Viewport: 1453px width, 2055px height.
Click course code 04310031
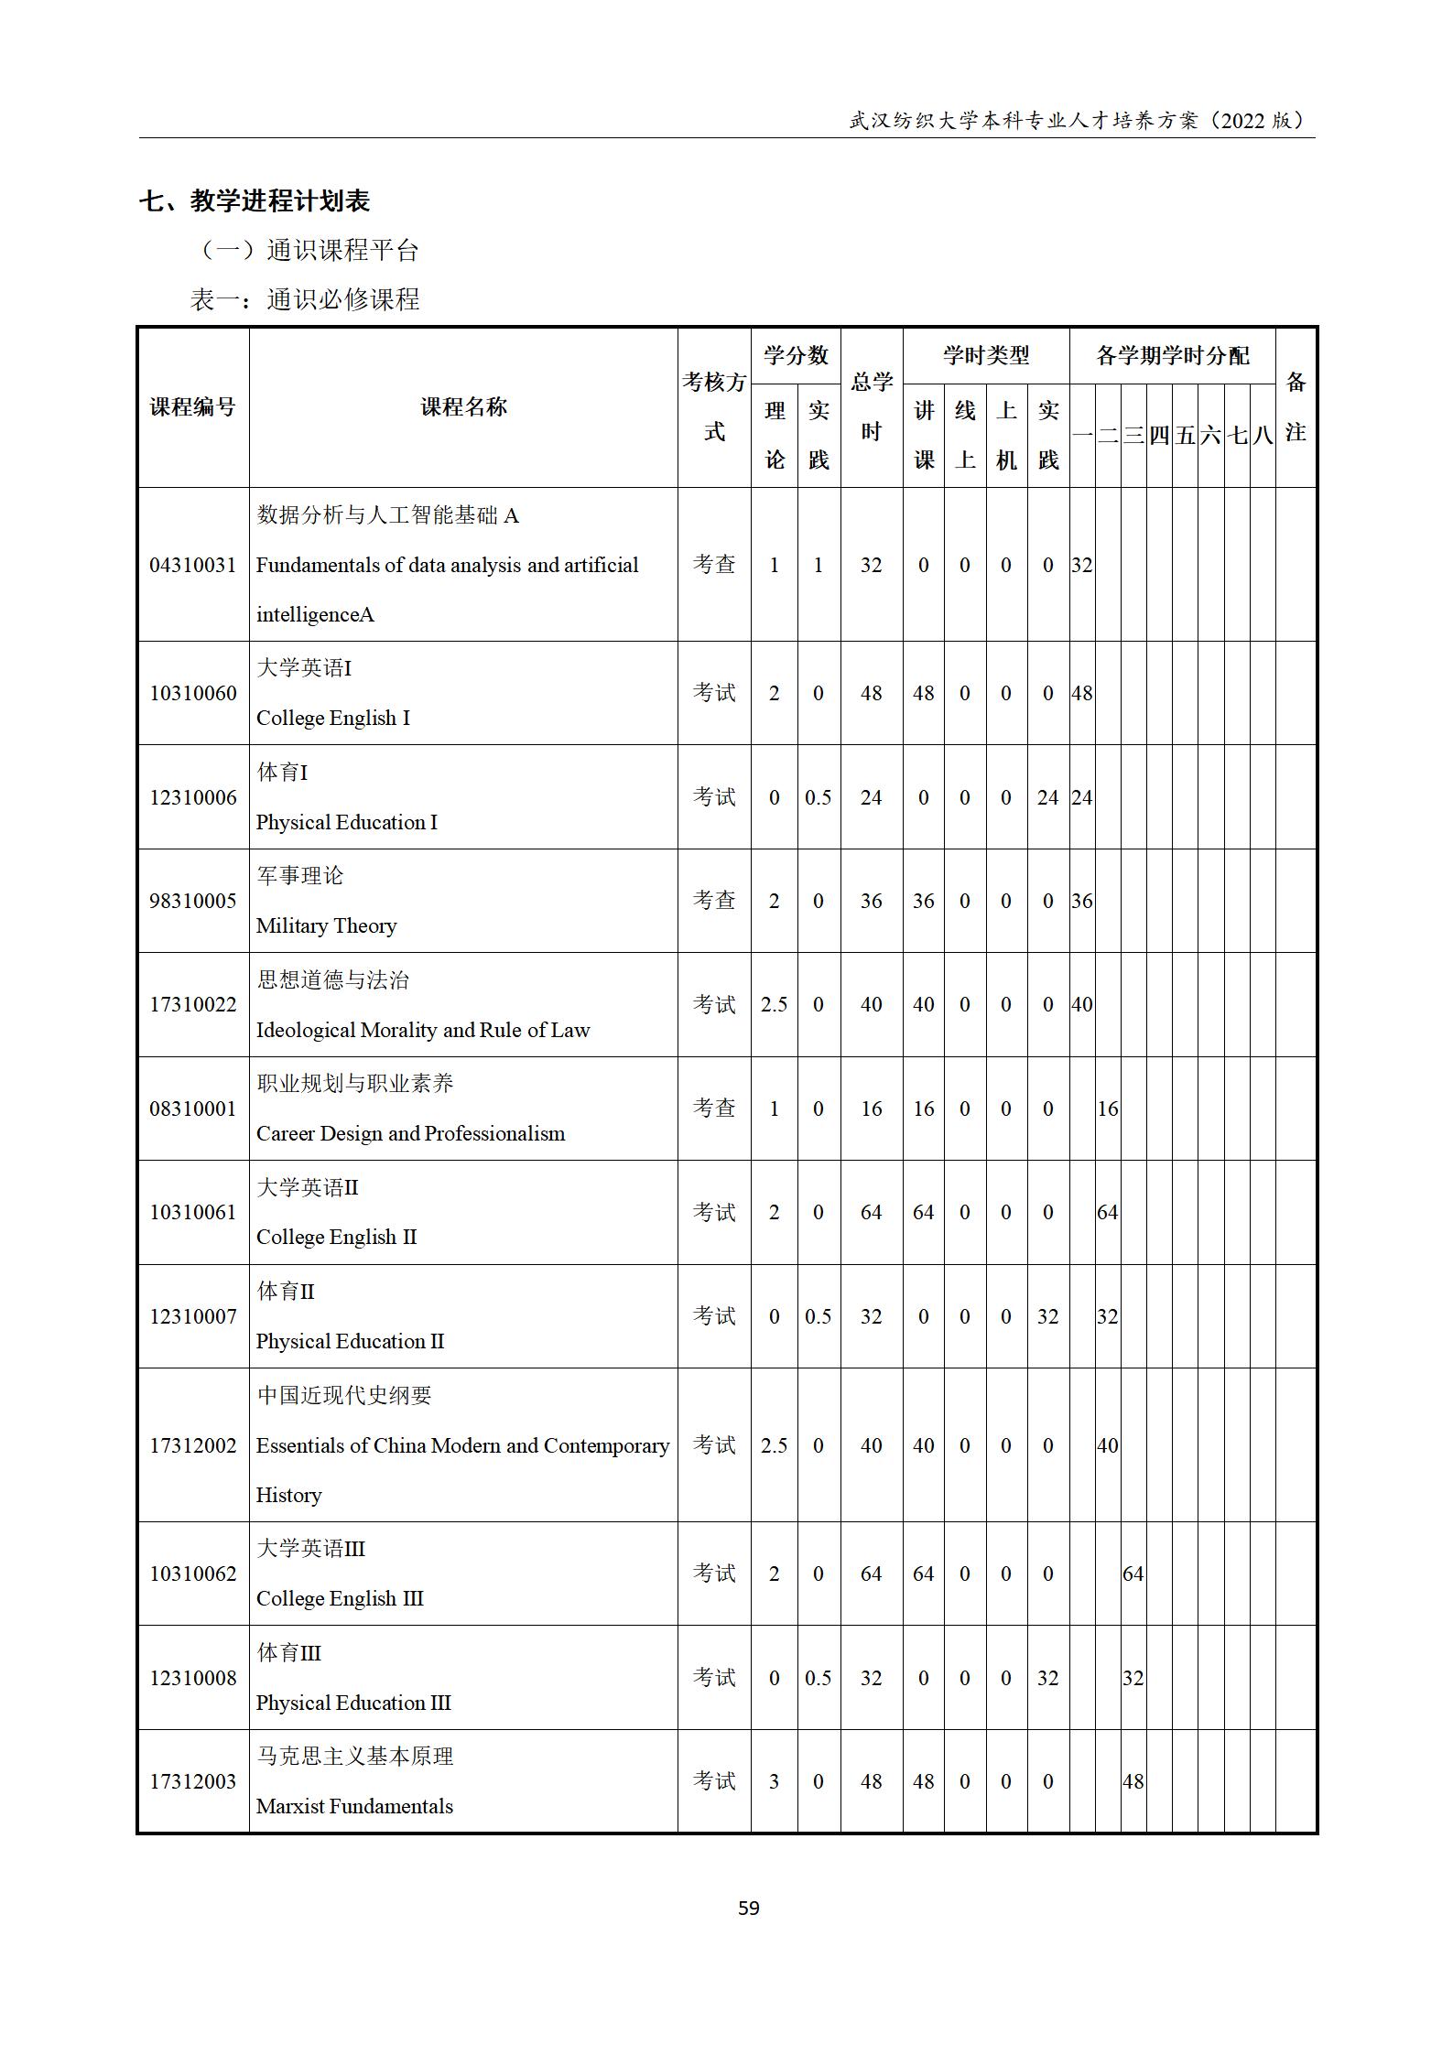[192, 565]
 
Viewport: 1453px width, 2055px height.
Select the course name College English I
[332, 718]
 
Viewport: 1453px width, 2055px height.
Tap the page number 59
[748, 1909]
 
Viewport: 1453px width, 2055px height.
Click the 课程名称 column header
[463, 407]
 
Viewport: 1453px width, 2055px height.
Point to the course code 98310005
[192, 901]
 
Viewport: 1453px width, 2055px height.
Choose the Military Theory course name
[326, 925]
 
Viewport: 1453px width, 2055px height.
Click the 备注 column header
[1295, 407]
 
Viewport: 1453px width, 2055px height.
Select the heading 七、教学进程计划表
[255, 200]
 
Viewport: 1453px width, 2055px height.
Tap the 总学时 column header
[871, 407]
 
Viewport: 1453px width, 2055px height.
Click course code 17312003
[192, 1782]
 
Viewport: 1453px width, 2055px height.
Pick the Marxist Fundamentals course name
[354, 1807]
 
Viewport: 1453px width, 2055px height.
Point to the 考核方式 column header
[714, 407]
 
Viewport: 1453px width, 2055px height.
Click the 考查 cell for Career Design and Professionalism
[714, 1109]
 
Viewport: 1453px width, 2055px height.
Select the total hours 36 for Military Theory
[871, 901]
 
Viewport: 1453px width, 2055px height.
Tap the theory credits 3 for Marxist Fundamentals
[774, 1782]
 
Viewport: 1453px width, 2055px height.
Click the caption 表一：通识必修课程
[304, 299]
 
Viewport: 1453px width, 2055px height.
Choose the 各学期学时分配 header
[1172, 356]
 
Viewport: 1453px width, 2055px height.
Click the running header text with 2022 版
[1080, 120]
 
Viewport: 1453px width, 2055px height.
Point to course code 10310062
[192, 1574]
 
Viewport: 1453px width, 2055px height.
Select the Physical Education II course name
[350, 1341]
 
